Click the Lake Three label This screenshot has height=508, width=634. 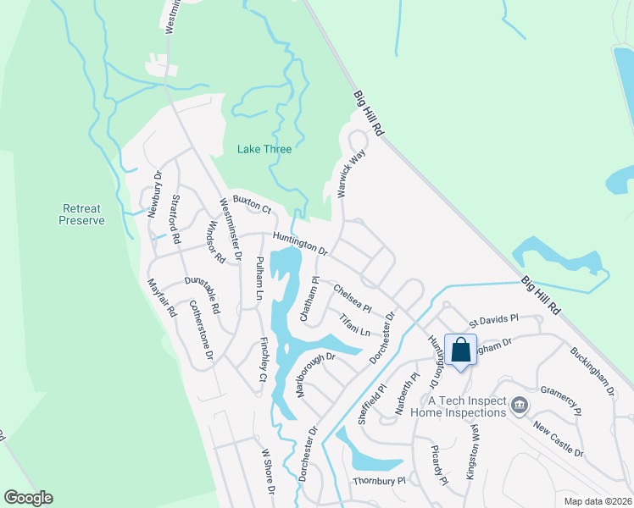click(x=264, y=150)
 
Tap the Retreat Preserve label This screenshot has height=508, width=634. click(x=81, y=214)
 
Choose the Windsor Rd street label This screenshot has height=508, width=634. click(x=215, y=240)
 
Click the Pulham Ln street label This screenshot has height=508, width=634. click(x=260, y=279)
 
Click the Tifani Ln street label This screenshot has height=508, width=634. click(x=355, y=325)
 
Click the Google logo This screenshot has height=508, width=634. click(x=27, y=498)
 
